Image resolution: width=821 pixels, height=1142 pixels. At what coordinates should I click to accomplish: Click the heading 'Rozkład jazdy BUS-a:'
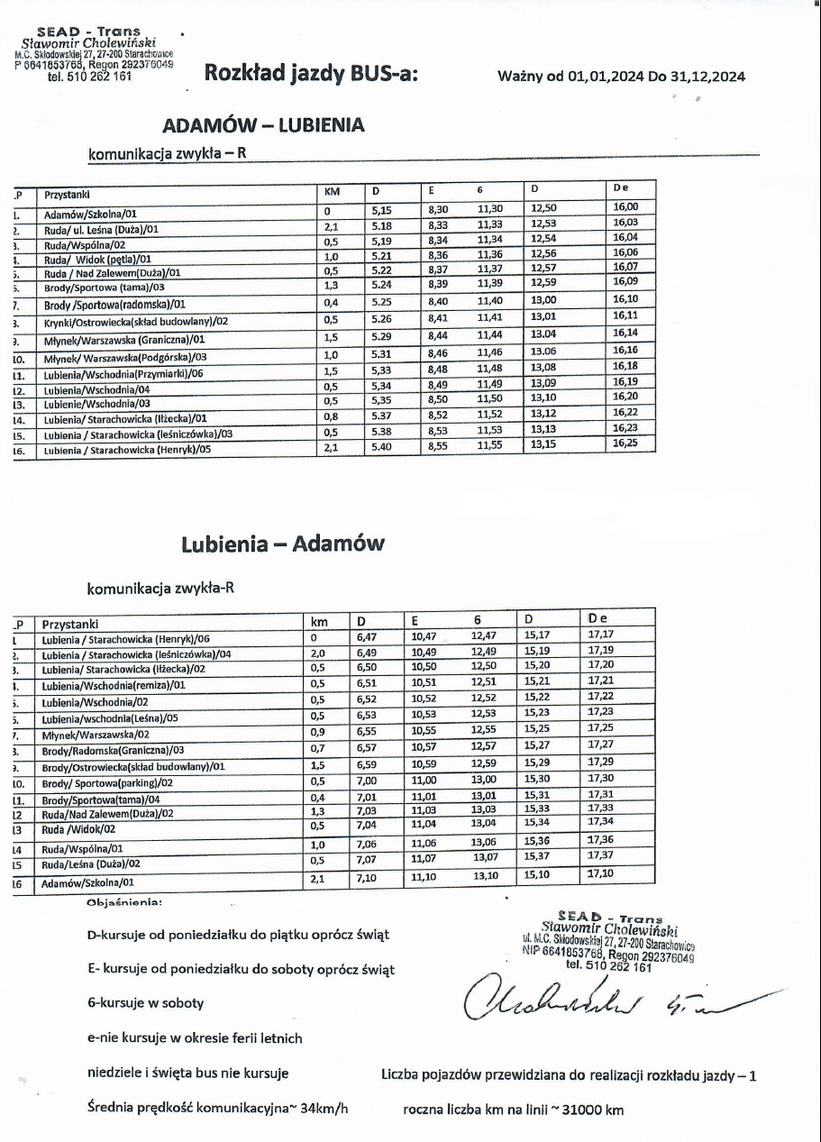click(311, 74)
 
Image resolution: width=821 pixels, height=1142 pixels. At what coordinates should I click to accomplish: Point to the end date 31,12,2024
click(707, 77)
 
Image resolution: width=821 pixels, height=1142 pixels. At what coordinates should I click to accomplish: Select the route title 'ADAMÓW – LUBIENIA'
click(263, 125)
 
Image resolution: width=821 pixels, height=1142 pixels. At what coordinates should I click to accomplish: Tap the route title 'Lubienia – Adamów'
click(282, 544)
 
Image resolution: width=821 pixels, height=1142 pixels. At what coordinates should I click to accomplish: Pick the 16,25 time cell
click(625, 443)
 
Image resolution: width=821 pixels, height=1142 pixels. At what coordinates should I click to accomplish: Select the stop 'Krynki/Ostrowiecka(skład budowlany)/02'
click(136, 321)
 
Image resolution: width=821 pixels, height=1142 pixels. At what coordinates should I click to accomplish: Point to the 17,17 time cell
click(600, 635)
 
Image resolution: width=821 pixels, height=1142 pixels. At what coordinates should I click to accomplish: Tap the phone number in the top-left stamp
click(90, 77)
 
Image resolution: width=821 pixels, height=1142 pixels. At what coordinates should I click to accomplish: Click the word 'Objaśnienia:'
click(123, 901)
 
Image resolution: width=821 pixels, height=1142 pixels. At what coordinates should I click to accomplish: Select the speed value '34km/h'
click(320, 1109)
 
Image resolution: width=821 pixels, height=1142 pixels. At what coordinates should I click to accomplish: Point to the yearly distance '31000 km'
click(591, 1110)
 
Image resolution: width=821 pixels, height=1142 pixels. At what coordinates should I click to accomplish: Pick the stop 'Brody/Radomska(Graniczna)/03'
click(113, 750)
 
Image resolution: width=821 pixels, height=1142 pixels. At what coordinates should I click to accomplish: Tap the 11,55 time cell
click(490, 445)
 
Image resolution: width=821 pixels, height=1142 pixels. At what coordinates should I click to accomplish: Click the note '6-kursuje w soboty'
click(145, 1003)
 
